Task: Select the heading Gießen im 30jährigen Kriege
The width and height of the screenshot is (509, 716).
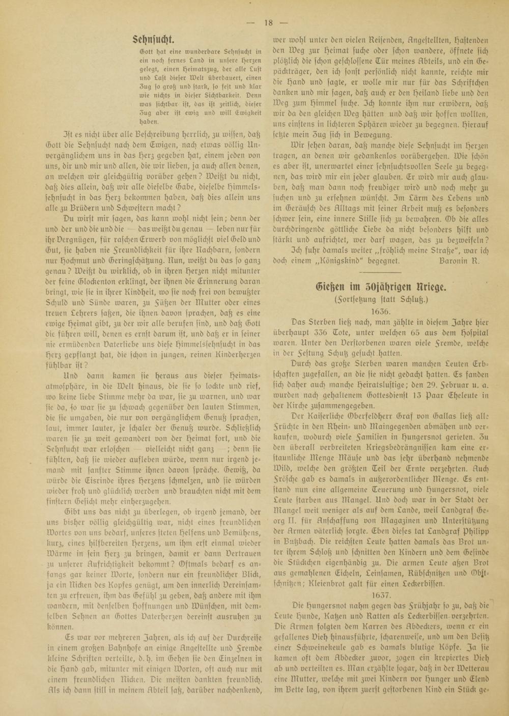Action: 381,286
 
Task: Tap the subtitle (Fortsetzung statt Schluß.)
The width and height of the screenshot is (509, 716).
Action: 381,299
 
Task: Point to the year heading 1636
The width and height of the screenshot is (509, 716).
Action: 381,310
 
